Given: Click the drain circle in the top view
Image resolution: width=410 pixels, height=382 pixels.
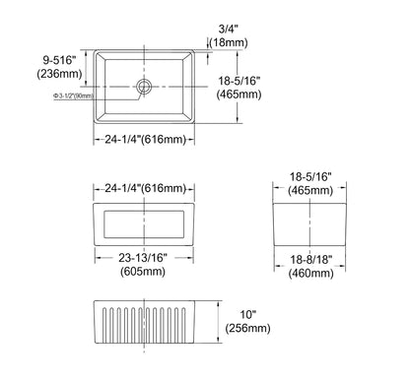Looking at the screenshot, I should click(144, 87).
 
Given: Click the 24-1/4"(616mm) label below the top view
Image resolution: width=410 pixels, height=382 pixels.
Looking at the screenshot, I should click(145, 140).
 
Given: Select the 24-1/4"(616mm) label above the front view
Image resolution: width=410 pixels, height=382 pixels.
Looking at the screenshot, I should click(145, 188).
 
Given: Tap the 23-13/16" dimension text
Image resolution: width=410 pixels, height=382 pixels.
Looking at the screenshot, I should click(144, 257).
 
